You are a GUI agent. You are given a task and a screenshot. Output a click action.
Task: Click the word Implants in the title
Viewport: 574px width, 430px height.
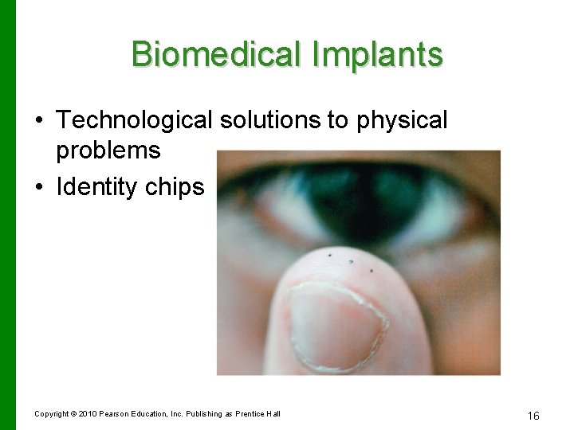coord(381,54)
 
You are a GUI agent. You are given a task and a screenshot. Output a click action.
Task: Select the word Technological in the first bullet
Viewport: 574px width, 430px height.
coord(134,120)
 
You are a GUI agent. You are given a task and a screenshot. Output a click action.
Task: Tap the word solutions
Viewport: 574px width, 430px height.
coord(273,120)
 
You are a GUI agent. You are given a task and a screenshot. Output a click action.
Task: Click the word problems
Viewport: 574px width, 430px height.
coord(108,150)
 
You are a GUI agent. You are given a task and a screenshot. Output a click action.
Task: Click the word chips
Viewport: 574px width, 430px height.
coord(181,187)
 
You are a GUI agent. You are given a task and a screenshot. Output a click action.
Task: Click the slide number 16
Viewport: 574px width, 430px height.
coord(533,415)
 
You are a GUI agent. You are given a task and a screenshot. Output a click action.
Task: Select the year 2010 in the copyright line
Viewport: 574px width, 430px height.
coord(88,413)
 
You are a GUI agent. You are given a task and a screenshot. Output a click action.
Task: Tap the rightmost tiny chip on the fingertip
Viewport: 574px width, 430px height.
coord(371,271)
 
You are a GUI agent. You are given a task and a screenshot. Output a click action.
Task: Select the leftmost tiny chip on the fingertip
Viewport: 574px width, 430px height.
coord(329,256)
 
